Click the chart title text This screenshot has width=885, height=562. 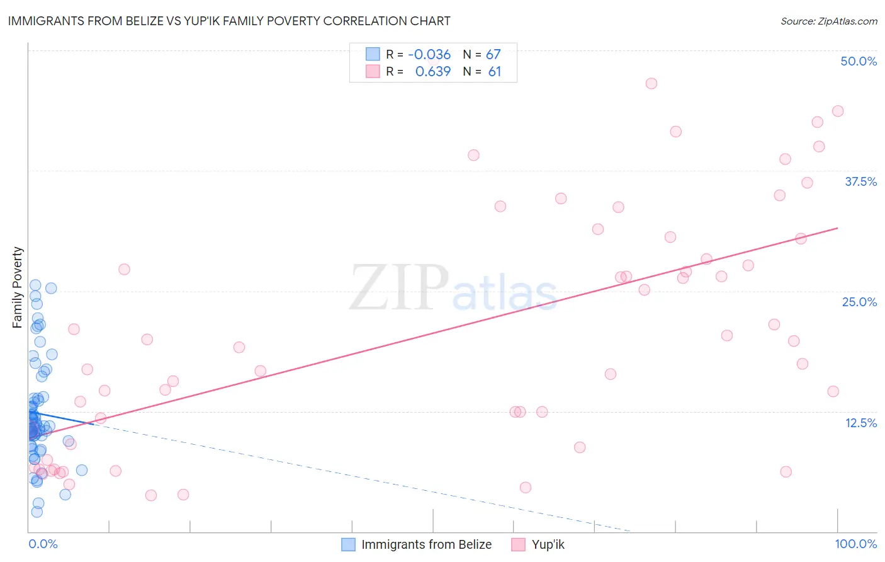click(x=229, y=21)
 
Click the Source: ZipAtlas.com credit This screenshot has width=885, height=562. click(x=828, y=21)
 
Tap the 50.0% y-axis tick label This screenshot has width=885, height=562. click(x=859, y=61)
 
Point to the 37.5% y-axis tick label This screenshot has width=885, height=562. click(x=860, y=181)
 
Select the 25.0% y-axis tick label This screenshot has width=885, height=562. click(x=859, y=302)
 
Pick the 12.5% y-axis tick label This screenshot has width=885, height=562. click(x=860, y=423)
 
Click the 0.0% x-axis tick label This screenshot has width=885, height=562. click(x=43, y=544)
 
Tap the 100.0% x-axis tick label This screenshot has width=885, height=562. click(x=855, y=544)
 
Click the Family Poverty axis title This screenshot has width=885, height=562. click(x=18, y=287)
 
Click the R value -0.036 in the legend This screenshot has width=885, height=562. click(x=429, y=55)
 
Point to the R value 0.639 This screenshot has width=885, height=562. click(x=433, y=72)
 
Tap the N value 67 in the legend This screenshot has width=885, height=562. click(x=493, y=55)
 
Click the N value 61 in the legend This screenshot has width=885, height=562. click(x=495, y=72)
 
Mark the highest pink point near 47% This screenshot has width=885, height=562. click(x=651, y=84)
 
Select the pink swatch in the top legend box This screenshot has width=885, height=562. click(x=373, y=71)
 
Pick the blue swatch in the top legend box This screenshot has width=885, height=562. click(x=373, y=54)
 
